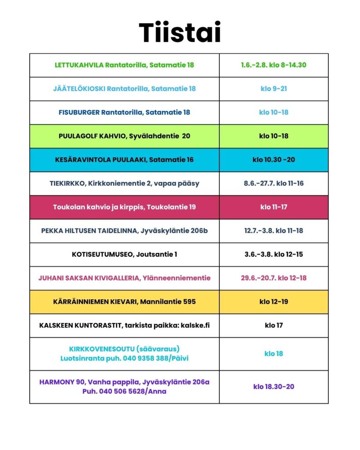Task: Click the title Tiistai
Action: [x=180, y=33]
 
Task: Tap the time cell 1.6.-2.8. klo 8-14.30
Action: [x=273, y=65]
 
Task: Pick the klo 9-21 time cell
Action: [x=273, y=89]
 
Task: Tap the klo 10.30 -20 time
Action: [x=273, y=160]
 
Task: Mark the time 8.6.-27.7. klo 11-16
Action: [x=273, y=184]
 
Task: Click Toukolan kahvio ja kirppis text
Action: [x=124, y=207]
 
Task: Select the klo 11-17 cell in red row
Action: [x=273, y=207]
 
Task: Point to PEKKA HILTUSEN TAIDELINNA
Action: [x=90, y=231]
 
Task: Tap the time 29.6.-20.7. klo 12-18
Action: [x=273, y=278]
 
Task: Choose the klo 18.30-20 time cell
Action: [x=273, y=387]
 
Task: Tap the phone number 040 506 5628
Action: [x=124, y=392]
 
